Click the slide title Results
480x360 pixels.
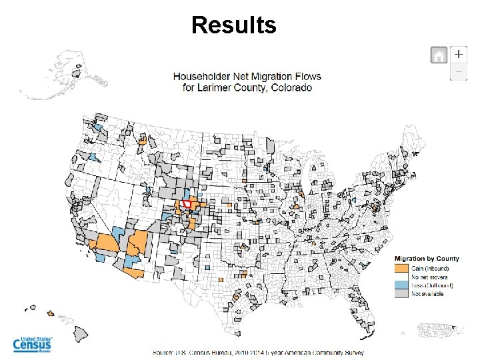click(233, 25)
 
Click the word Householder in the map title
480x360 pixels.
click(201, 77)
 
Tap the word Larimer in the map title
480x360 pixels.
click(215, 87)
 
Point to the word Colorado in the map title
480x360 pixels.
click(288, 87)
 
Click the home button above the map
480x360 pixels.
click(439, 55)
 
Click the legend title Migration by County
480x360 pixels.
click(427, 259)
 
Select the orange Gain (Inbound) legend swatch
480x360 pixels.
click(401, 268)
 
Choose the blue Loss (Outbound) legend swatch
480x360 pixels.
click(401, 285)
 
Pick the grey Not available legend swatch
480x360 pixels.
click(401, 293)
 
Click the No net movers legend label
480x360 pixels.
click(429, 277)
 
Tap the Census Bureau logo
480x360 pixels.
click(33, 344)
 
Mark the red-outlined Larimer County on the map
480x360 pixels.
click(187, 204)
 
